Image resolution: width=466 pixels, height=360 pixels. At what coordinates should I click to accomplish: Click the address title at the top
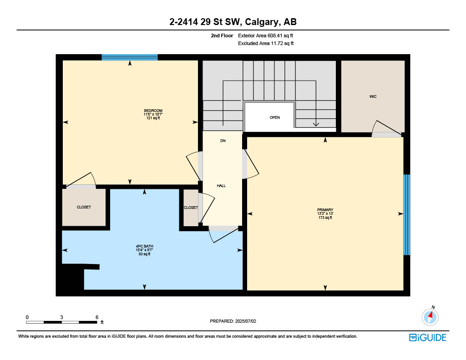coord(233,22)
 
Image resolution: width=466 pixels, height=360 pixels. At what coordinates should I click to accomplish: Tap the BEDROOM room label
coord(153,111)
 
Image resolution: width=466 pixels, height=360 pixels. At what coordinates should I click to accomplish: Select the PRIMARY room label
coord(325,210)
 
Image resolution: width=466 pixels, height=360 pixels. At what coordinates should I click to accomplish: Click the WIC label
coord(373,96)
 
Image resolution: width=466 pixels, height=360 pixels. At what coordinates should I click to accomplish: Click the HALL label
coord(221,186)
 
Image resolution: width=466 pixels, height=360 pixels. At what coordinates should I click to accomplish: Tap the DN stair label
coord(223,141)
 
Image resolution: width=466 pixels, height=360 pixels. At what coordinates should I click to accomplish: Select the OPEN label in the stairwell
coord(274,117)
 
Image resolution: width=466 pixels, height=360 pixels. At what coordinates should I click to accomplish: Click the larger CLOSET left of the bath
coord(84,207)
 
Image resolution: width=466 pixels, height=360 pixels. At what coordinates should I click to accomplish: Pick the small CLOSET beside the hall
coord(191,208)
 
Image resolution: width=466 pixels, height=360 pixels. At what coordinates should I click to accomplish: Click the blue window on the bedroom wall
coord(129,57)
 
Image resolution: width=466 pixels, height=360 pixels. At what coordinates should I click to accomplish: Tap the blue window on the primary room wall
coord(407,214)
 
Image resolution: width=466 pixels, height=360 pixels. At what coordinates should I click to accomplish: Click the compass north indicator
coord(430,316)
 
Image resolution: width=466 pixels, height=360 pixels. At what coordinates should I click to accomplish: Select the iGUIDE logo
coord(427,337)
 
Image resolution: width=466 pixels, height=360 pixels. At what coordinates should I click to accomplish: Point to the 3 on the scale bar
coord(61,317)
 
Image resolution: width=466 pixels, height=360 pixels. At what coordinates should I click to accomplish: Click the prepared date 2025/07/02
coord(233,321)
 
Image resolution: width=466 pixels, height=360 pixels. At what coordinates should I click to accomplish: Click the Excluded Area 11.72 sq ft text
coord(266,44)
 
